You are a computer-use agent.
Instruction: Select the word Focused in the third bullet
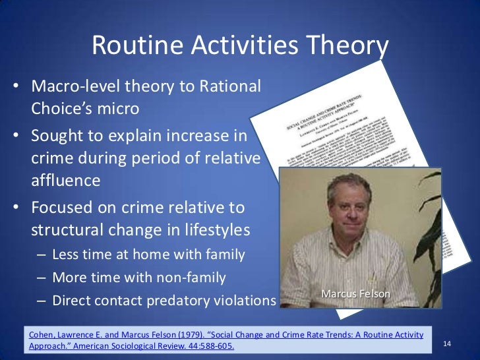pyautogui.click(x=63, y=208)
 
